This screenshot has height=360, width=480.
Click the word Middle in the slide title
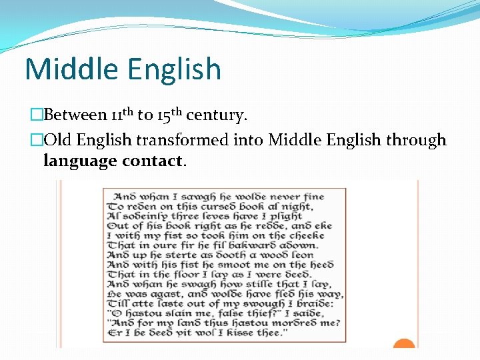point(66,69)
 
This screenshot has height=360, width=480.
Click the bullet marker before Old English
point(37,141)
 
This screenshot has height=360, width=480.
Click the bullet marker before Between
point(37,115)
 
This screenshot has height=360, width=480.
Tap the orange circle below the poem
point(404,344)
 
